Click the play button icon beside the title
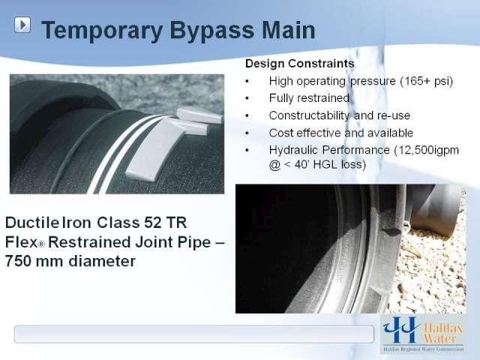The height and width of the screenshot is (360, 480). [x=22, y=25]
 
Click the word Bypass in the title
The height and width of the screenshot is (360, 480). [x=211, y=31]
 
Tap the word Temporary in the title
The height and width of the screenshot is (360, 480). [x=102, y=31]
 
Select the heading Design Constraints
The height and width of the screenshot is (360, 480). [x=300, y=63]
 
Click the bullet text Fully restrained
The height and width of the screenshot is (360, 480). [x=309, y=98]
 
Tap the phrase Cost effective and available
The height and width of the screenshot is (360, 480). [x=341, y=133]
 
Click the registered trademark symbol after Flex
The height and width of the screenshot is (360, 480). [x=41, y=244]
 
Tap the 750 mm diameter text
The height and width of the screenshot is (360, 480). [x=70, y=261]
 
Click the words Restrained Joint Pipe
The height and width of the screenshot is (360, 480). [x=130, y=242]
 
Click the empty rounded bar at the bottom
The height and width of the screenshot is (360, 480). [x=194, y=334]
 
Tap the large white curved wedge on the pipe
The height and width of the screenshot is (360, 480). [x=153, y=150]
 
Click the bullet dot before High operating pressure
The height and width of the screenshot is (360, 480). [x=247, y=82]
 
